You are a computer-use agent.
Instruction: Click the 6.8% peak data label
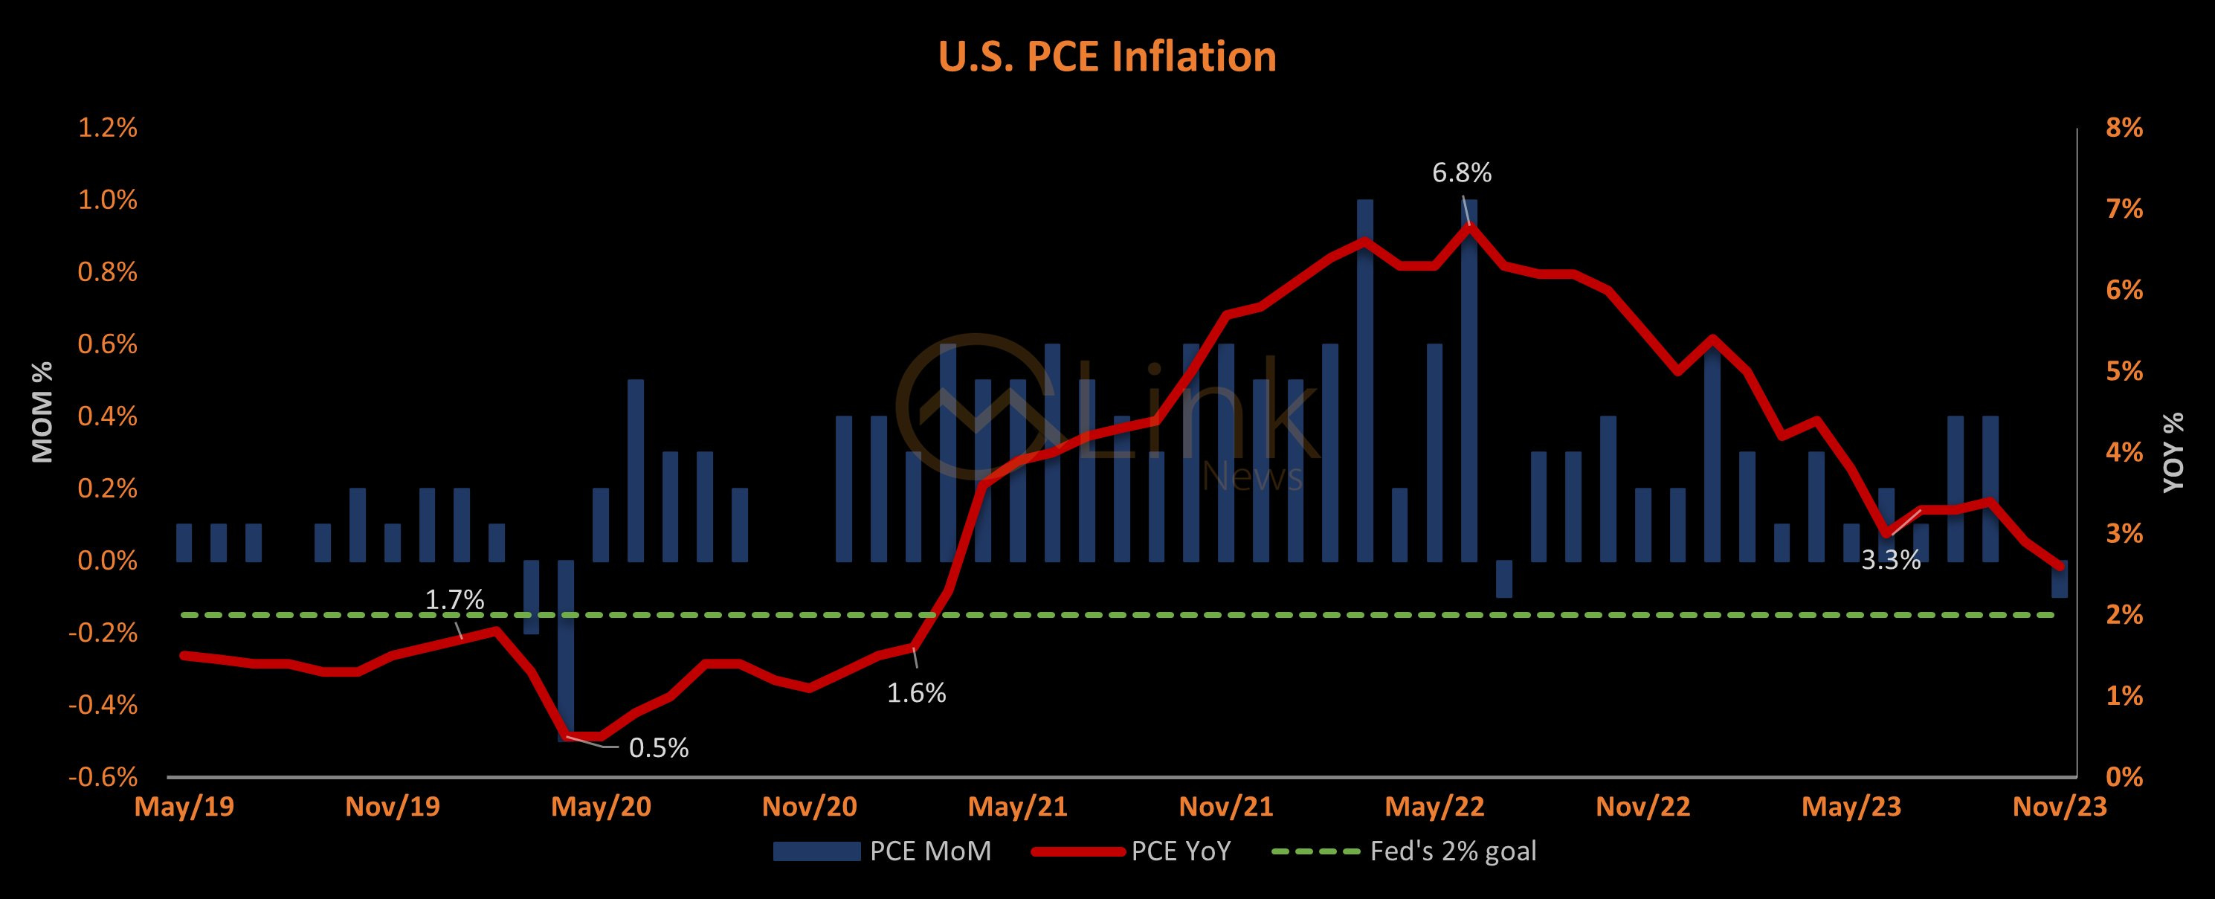coord(1461,173)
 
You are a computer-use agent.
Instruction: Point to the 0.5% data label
coord(659,747)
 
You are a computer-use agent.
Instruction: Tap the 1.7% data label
coord(455,599)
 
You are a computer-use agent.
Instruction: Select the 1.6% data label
coord(917,692)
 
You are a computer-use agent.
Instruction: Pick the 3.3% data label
coord(1891,561)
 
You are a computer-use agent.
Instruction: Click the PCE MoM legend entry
coord(883,851)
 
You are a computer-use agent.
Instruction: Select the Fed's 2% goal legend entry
coord(1404,851)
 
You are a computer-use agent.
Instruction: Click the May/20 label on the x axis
coord(601,807)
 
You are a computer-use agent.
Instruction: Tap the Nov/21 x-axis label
coord(1225,807)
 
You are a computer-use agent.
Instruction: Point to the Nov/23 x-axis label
coord(2060,807)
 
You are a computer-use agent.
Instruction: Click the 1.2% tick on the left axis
coord(108,128)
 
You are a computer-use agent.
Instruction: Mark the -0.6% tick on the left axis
coord(103,777)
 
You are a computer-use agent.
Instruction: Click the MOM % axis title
coord(42,411)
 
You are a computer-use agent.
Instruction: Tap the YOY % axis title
coord(2173,451)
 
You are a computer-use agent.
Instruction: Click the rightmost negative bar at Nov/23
coord(2060,579)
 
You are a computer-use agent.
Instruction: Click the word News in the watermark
coord(1252,476)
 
